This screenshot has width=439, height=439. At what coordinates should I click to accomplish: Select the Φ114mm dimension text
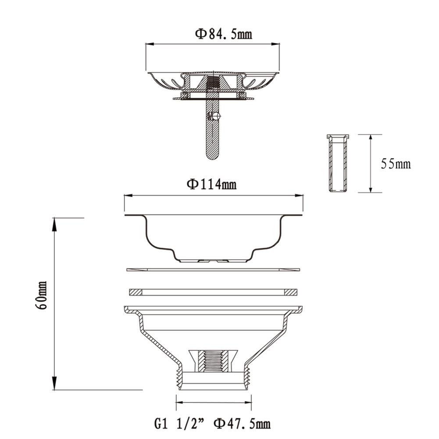[x=212, y=184]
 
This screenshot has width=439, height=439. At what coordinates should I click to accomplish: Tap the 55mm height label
[x=396, y=164]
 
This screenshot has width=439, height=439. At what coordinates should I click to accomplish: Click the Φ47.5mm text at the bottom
[x=242, y=424]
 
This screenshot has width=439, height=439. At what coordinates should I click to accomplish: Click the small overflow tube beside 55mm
[x=336, y=163]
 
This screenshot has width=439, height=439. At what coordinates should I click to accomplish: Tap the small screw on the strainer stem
[x=214, y=117]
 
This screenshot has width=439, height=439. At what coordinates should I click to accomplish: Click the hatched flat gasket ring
[x=213, y=292]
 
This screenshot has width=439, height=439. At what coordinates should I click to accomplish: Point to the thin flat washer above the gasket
[x=213, y=269]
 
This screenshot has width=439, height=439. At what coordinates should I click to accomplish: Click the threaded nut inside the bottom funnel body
[x=214, y=360]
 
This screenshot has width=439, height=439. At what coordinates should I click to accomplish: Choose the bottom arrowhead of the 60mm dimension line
[x=55, y=384]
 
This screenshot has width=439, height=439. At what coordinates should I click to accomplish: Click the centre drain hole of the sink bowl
[x=213, y=261]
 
